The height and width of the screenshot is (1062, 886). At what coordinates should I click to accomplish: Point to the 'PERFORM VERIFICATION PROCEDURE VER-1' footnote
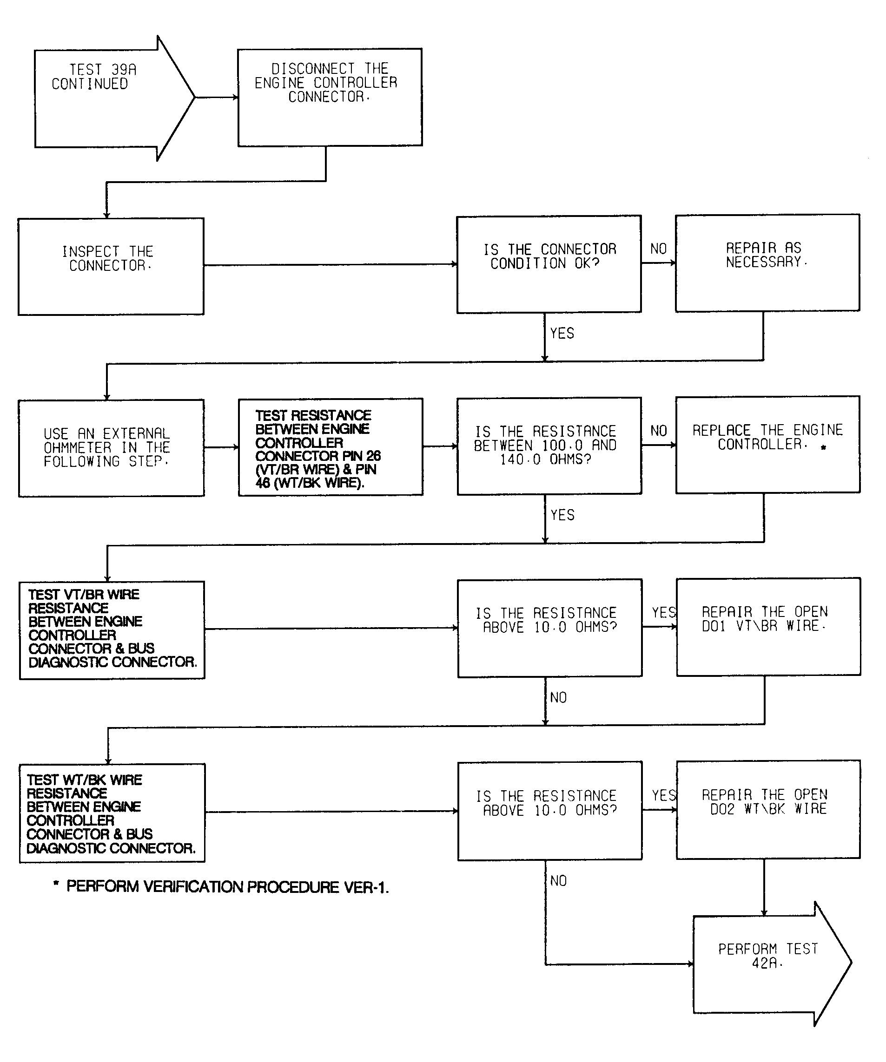(221, 887)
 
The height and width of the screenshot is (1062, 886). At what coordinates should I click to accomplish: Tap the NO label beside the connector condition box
(658, 249)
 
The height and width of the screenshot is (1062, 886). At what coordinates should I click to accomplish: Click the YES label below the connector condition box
(562, 333)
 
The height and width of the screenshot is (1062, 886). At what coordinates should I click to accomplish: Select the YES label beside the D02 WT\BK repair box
(664, 795)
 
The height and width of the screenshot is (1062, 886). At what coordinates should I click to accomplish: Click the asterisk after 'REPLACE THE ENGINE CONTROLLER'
(823, 447)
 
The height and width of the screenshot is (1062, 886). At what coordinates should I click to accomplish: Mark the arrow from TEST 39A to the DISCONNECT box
(217, 97)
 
